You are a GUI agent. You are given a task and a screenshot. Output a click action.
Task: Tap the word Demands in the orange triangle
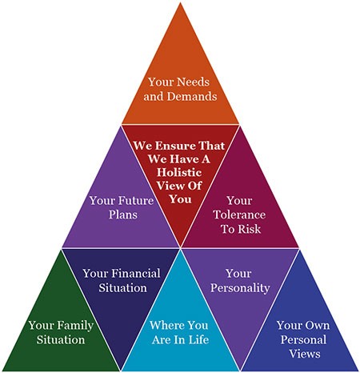(192, 96)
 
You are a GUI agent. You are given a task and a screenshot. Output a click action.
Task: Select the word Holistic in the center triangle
(179, 172)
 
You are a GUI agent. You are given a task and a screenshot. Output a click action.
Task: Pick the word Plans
(123, 215)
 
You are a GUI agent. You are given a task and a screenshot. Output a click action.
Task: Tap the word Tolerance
(239, 215)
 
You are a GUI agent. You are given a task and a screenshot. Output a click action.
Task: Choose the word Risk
(250, 229)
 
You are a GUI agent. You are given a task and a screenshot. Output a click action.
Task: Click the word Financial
(136, 274)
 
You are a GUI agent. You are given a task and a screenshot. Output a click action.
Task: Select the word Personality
(240, 288)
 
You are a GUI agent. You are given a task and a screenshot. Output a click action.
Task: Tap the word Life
(199, 339)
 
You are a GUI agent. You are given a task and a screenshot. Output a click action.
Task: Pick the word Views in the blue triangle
(305, 354)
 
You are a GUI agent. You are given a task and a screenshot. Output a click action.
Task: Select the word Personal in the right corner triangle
(303, 339)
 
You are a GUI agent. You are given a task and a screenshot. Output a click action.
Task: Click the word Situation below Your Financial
(123, 288)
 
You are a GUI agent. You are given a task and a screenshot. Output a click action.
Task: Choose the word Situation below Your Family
(61, 339)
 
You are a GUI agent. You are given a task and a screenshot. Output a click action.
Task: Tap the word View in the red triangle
(169, 186)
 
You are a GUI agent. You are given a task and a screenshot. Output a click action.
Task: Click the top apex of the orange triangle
(180, 2)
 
